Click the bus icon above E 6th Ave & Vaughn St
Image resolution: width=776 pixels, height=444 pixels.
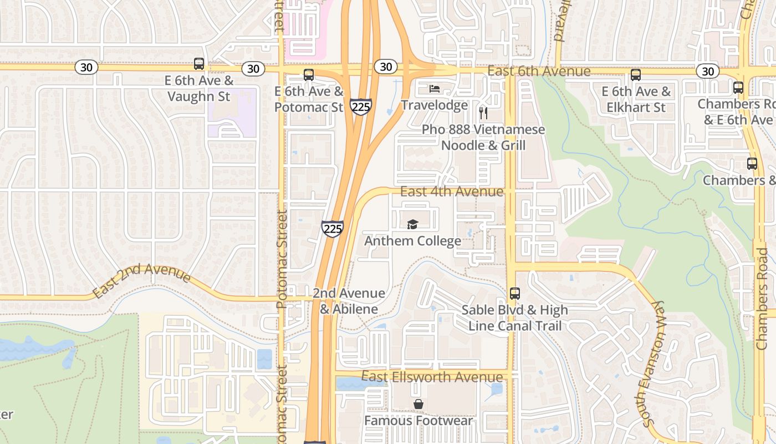(199, 64)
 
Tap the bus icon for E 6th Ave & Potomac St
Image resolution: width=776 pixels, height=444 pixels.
(309, 75)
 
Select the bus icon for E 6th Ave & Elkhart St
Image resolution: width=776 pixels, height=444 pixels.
(636, 75)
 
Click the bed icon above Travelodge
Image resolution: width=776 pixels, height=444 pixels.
(435, 89)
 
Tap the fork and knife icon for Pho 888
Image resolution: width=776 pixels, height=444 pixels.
(483, 113)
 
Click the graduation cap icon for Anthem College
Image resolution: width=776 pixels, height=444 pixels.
(412, 224)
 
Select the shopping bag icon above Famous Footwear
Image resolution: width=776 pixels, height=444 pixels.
(418, 404)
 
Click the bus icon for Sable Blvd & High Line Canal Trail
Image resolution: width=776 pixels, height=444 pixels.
(515, 293)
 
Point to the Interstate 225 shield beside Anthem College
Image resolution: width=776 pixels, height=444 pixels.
(332, 229)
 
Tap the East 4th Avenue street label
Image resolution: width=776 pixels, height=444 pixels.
(452, 192)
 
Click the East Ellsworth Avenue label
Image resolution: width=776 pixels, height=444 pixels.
(432, 377)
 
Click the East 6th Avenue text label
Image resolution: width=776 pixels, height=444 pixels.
(539, 72)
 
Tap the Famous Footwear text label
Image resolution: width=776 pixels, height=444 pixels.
(418, 421)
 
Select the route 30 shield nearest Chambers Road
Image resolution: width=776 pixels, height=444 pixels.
(708, 71)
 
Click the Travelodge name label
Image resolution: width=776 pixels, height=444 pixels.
(435, 105)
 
